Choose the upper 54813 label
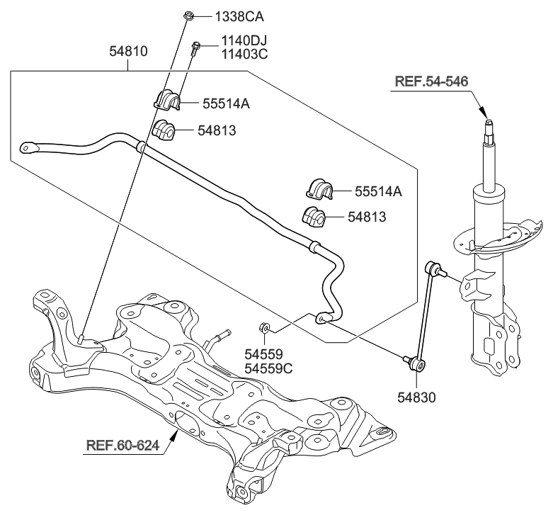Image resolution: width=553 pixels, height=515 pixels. click(217, 130)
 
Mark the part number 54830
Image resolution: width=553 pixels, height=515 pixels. click(415, 398)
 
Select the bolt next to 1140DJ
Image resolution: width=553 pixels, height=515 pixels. click(195, 47)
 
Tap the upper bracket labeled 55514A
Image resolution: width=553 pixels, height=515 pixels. click(167, 101)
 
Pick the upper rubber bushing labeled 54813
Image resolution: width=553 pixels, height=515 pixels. click(164, 130)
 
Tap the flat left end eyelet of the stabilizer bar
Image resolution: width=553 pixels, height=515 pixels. click(28, 147)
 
